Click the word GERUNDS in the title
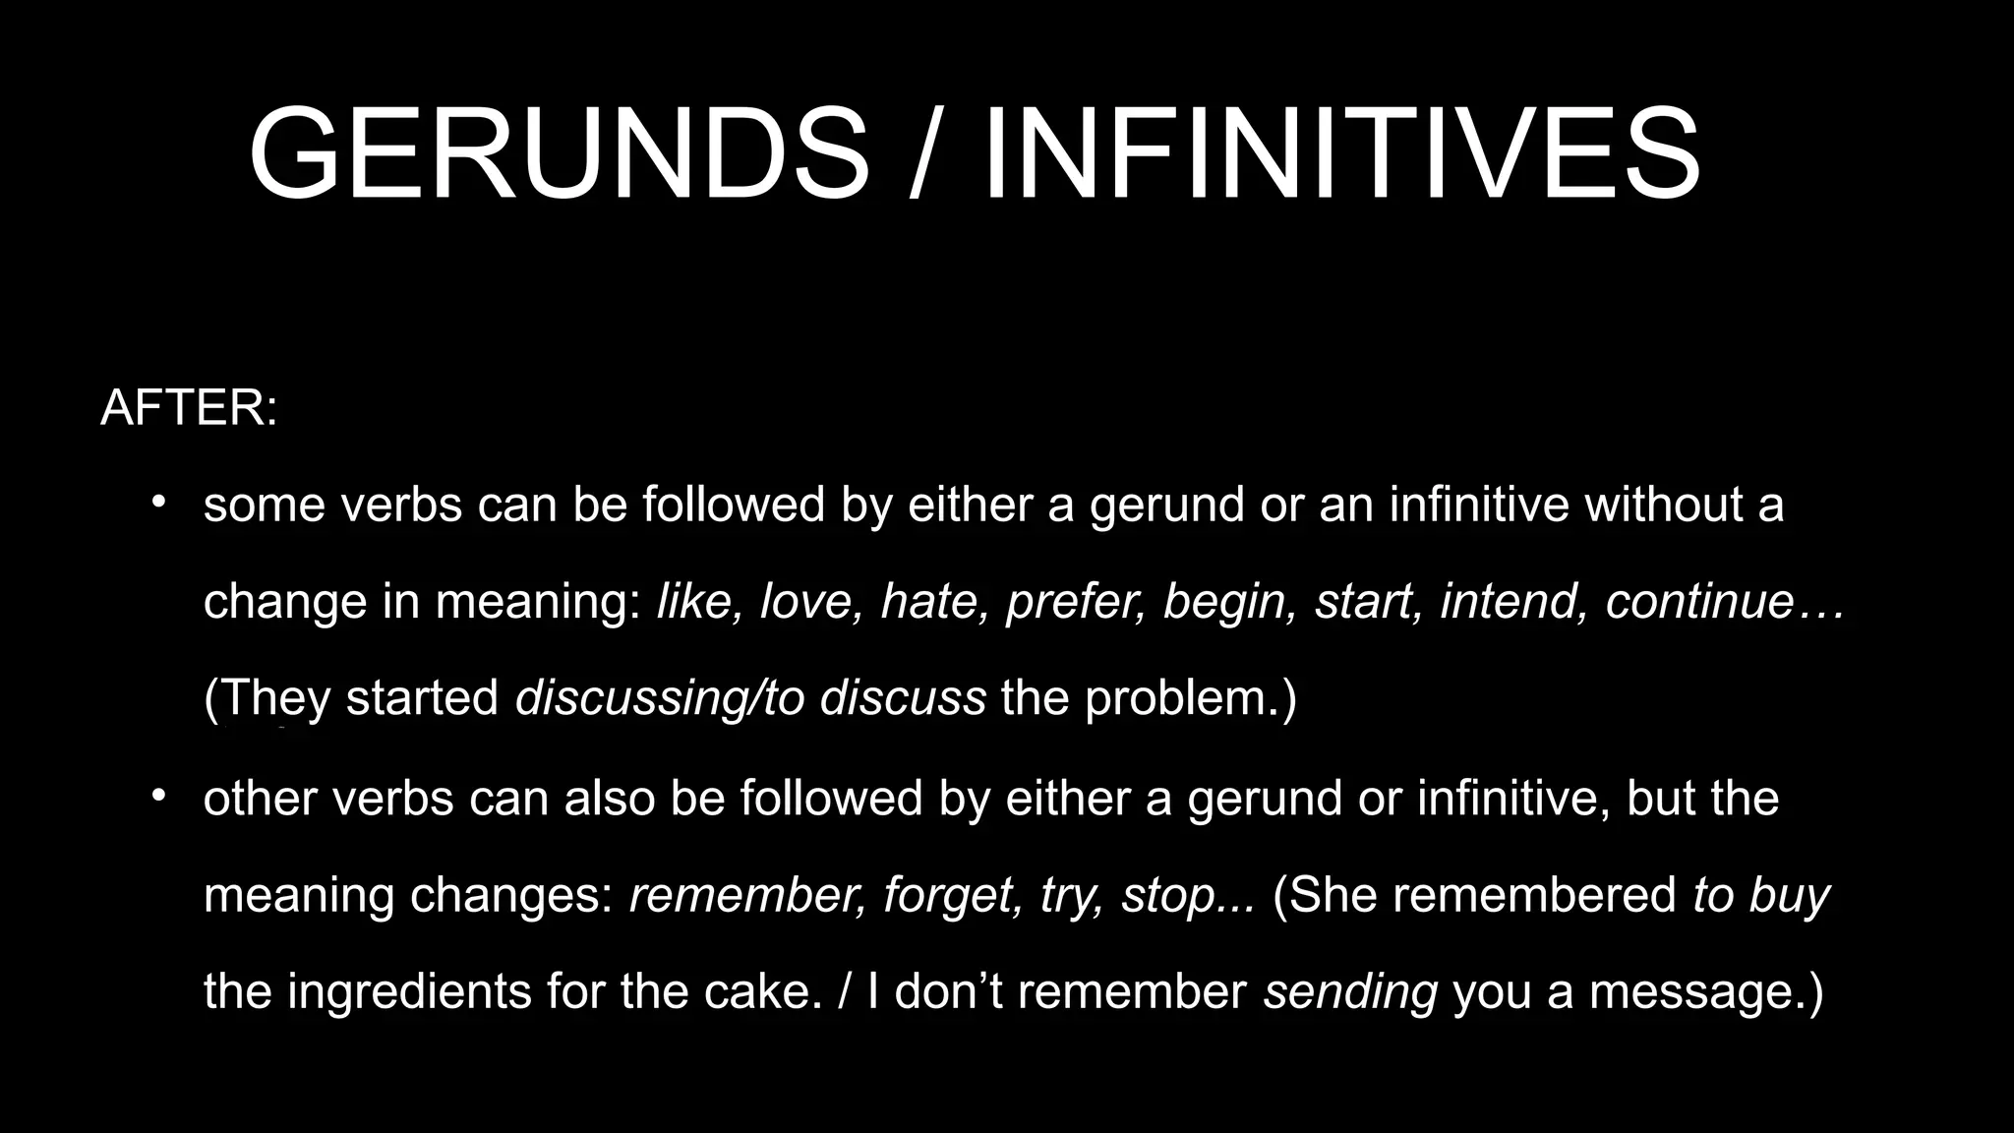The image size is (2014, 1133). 559,155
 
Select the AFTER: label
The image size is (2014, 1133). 189,407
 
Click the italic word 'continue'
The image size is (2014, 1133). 1699,601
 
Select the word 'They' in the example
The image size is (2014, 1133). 273,698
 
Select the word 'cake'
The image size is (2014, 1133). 760,991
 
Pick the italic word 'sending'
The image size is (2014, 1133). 1350,991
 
